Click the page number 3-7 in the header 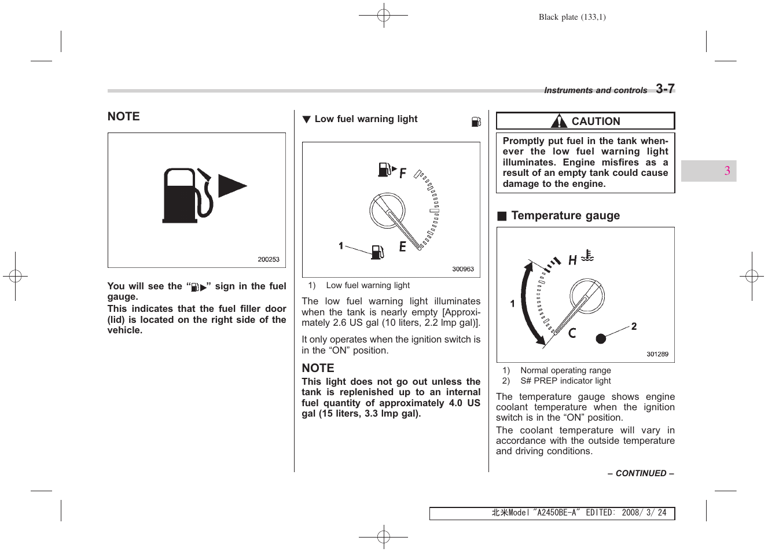[x=665, y=89]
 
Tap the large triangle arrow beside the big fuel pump [x=231, y=186]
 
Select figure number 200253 [x=269, y=260]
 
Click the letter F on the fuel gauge [x=403, y=173]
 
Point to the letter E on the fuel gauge [x=402, y=246]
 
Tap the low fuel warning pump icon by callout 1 [x=377, y=252]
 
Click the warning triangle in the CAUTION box [x=558, y=121]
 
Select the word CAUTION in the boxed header [x=596, y=122]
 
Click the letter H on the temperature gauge [x=572, y=260]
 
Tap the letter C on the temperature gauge [x=572, y=333]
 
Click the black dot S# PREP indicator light [x=601, y=338]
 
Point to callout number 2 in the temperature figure [x=634, y=326]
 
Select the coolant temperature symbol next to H [x=587, y=256]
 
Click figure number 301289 [x=657, y=354]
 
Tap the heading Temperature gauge [x=565, y=216]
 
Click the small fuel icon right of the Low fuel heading [x=476, y=122]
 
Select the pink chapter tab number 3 [x=727, y=171]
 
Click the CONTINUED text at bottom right [x=641, y=473]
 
